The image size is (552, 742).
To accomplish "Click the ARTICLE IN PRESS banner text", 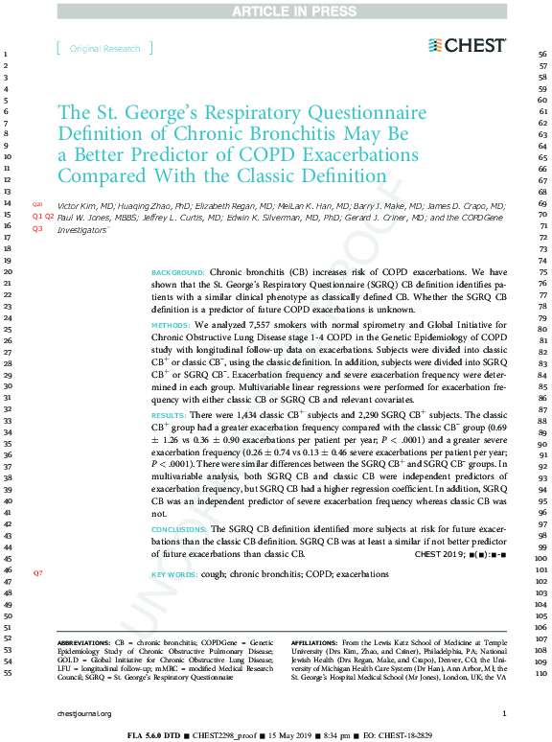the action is [x=276, y=11].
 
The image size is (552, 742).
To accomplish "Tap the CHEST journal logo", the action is [x=468, y=45].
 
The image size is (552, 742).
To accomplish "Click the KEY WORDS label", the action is [x=175, y=574].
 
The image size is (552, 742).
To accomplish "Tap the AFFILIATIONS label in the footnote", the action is [x=313, y=641].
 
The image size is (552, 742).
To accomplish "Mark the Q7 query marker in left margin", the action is [x=38, y=572].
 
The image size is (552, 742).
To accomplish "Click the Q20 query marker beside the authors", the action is [x=38, y=205].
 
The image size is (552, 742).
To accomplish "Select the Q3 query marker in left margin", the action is [x=38, y=229].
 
